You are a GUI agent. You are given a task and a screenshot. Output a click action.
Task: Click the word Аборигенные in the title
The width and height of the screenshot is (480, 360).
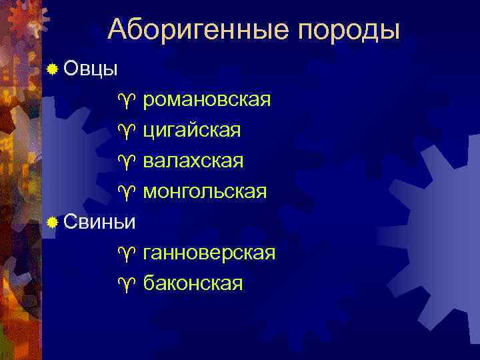[198, 30]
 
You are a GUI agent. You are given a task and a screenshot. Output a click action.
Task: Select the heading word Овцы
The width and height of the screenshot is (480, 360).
[91, 69]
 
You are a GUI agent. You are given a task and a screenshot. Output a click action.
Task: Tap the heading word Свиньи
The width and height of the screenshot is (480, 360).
[101, 222]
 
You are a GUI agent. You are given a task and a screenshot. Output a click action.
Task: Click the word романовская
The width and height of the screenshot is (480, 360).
[207, 101]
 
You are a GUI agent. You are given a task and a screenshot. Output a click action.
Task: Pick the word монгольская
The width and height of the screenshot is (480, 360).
[205, 192]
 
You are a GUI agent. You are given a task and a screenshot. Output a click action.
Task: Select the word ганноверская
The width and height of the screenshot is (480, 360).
[209, 253]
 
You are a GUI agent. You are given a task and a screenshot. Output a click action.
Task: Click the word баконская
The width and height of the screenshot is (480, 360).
[193, 284]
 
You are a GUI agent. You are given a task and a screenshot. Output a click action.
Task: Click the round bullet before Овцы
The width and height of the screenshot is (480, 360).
[52, 69]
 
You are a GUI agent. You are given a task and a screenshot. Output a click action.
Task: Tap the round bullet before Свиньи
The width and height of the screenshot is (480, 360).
[52, 222]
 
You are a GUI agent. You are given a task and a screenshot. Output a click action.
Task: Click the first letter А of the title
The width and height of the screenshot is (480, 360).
[117, 30]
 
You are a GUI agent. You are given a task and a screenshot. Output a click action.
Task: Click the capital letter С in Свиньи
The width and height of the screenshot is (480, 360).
[72, 222]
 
